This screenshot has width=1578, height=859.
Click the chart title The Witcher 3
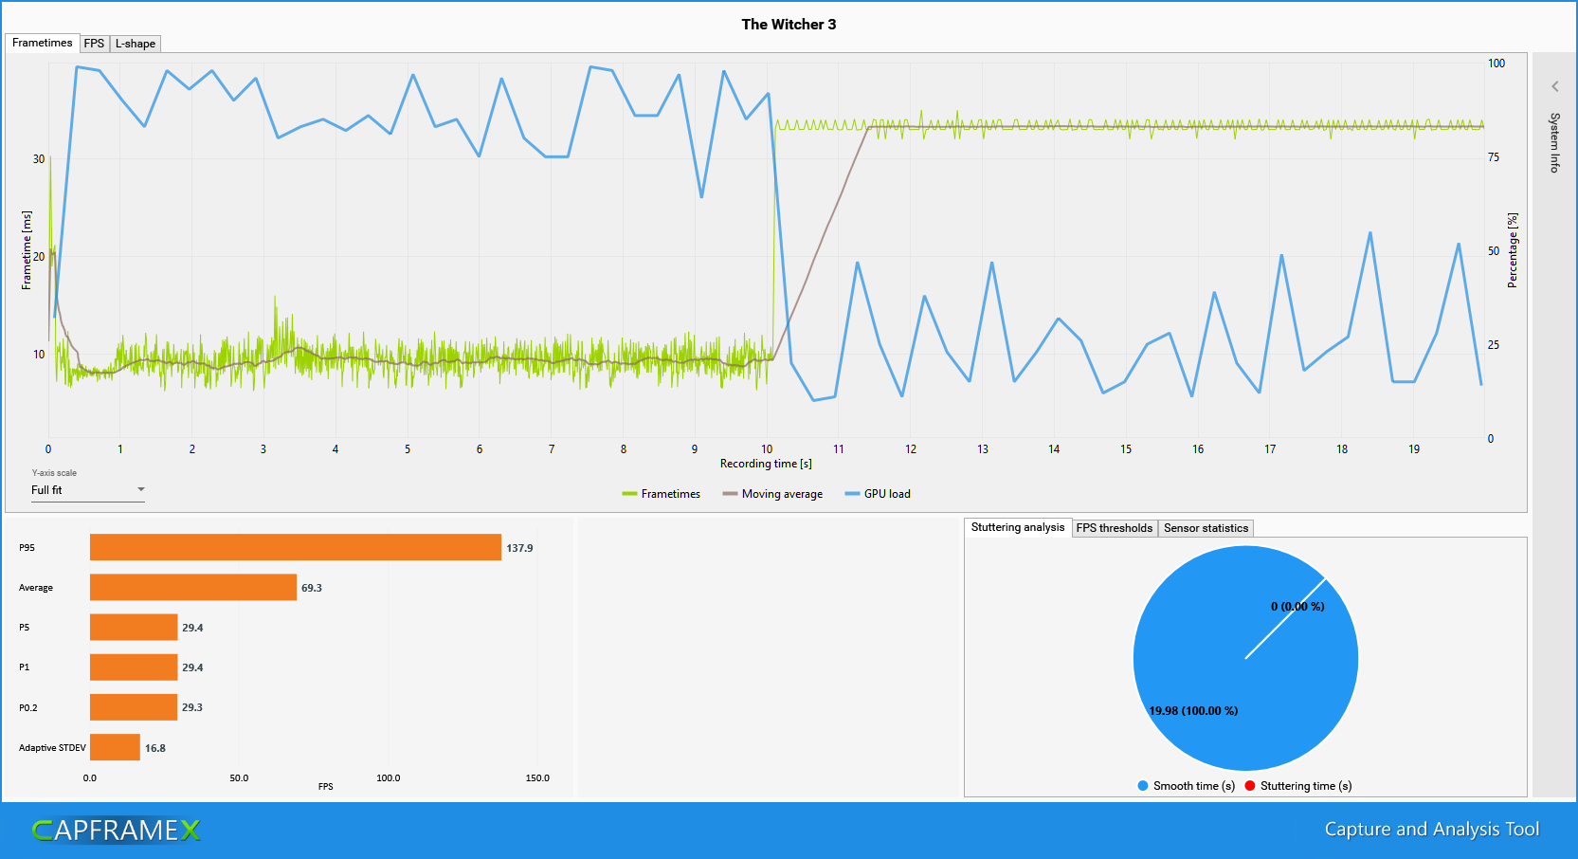(x=789, y=25)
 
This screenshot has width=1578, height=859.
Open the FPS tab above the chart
(x=94, y=44)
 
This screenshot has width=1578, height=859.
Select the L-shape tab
(x=136, y=44)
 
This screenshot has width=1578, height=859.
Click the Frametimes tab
(x=42, y=43)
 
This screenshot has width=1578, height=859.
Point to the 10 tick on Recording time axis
(x=767, y=449)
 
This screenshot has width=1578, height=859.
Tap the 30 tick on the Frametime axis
(x=39, y=159)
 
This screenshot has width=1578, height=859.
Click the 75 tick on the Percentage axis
(x=1494, y=157)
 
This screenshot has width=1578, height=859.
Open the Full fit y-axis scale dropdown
(x=87, y=490)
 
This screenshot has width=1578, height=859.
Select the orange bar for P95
(x=295, y=547)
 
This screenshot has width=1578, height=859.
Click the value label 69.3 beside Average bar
(x=312, y=588)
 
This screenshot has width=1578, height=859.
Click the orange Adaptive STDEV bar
(x=115, y=747)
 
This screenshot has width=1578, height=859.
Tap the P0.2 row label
(x=28, y=708)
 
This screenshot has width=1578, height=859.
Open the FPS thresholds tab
(x=1114, y=528)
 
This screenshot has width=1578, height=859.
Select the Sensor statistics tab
(x=1206, y=528)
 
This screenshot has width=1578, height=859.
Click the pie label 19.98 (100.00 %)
(x=1193, y=711)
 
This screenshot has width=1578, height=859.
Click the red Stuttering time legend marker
(x=1250, y=785)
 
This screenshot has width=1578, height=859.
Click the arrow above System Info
(x=1554, y=86)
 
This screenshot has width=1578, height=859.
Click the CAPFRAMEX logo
(x=116, y=831)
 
